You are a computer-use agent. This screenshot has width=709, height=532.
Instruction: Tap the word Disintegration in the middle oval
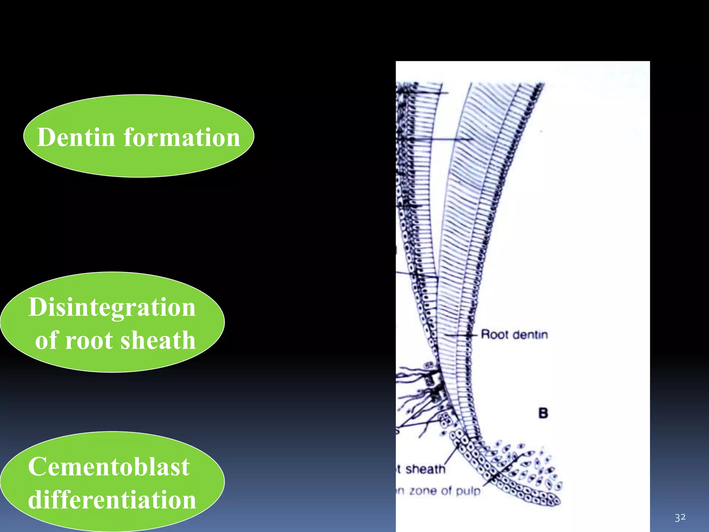112,307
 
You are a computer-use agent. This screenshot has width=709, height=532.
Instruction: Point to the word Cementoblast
109,467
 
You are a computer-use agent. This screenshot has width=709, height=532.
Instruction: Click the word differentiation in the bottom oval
112,500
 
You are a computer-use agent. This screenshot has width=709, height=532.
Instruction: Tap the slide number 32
680,517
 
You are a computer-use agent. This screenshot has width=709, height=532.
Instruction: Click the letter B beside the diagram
543,413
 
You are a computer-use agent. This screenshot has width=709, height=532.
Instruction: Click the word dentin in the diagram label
530,335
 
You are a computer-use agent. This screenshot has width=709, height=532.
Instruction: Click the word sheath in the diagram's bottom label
425,469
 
